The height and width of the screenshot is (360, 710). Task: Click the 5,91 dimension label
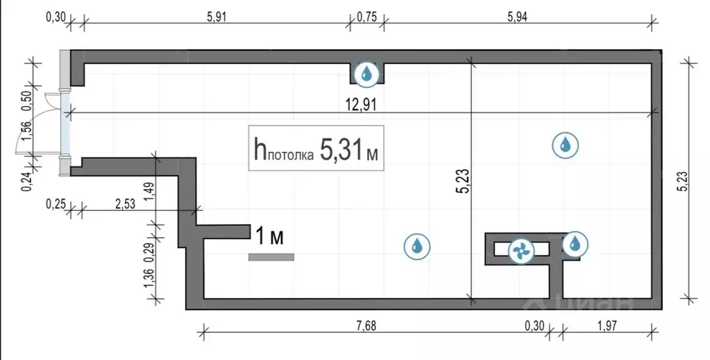[216, 17]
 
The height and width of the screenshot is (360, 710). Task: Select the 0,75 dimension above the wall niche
[366, 17]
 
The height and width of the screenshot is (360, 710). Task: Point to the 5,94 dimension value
[517, 17]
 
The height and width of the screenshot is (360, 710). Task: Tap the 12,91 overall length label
[361, 105]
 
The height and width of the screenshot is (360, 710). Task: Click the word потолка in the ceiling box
[290, 155]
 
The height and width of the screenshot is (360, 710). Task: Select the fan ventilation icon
[521, 250]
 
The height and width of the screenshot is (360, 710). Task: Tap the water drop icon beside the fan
[575, 243]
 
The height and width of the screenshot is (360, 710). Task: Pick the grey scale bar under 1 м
[271, 257]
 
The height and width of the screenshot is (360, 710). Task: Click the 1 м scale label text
[270, 237]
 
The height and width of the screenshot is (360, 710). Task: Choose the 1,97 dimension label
[607, 325]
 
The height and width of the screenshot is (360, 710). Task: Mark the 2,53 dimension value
[126, 204]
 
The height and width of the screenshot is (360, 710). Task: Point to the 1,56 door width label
[27, 132]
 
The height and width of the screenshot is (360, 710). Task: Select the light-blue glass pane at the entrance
[66, 124]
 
